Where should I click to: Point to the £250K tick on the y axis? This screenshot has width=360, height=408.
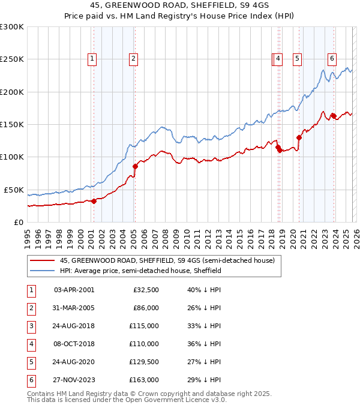(12, 59)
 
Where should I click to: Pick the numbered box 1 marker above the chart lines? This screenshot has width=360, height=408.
(92, 59)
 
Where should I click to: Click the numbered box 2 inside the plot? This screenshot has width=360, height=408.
(133, 59)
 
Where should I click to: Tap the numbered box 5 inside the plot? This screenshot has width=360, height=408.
(297, 59)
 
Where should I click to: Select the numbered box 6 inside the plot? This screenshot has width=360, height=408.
(332, 59)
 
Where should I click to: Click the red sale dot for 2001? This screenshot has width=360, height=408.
(94, 201)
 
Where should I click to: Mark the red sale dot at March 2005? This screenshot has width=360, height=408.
(136, 166)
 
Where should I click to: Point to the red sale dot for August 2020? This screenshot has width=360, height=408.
(299, 138)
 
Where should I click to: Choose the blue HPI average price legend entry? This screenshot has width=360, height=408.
(140, 271)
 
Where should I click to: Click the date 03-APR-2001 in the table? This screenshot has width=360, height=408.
(74, 290)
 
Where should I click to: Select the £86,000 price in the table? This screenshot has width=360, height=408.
(146, 308)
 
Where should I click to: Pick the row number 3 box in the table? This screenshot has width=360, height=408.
(31, 326)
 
